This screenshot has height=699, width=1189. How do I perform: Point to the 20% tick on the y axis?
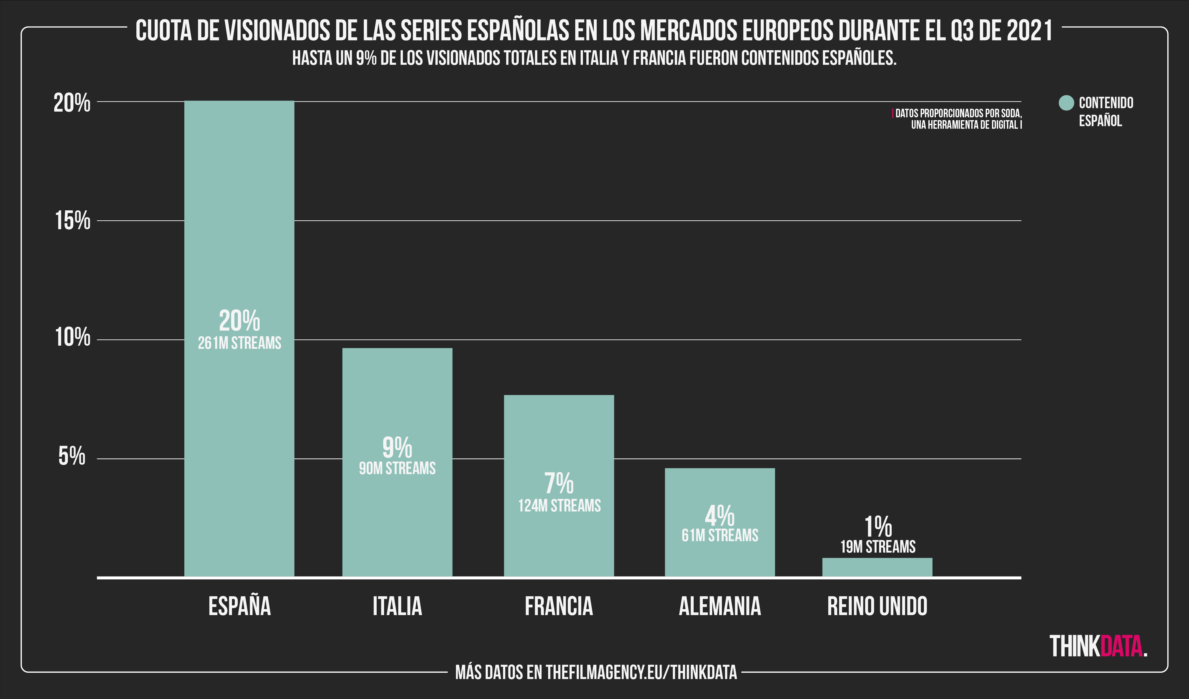tap(72, 102)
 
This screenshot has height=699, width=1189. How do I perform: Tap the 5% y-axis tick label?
tap(72, 456)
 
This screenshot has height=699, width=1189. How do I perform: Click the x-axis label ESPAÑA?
tap(239, 607)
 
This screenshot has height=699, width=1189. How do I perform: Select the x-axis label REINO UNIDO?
tap(877, 607)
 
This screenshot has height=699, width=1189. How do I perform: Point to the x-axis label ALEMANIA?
tap(720, 607)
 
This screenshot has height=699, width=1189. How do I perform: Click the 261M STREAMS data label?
tap(239, 343)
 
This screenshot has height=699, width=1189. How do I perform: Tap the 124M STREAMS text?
tap(559, 506)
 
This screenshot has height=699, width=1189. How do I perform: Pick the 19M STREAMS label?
tap(878, 547)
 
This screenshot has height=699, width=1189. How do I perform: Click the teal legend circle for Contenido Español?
tap(1066, 103)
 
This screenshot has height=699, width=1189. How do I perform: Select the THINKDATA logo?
tap(1098, 646)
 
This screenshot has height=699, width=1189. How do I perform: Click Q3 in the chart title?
tap(961, 31)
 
